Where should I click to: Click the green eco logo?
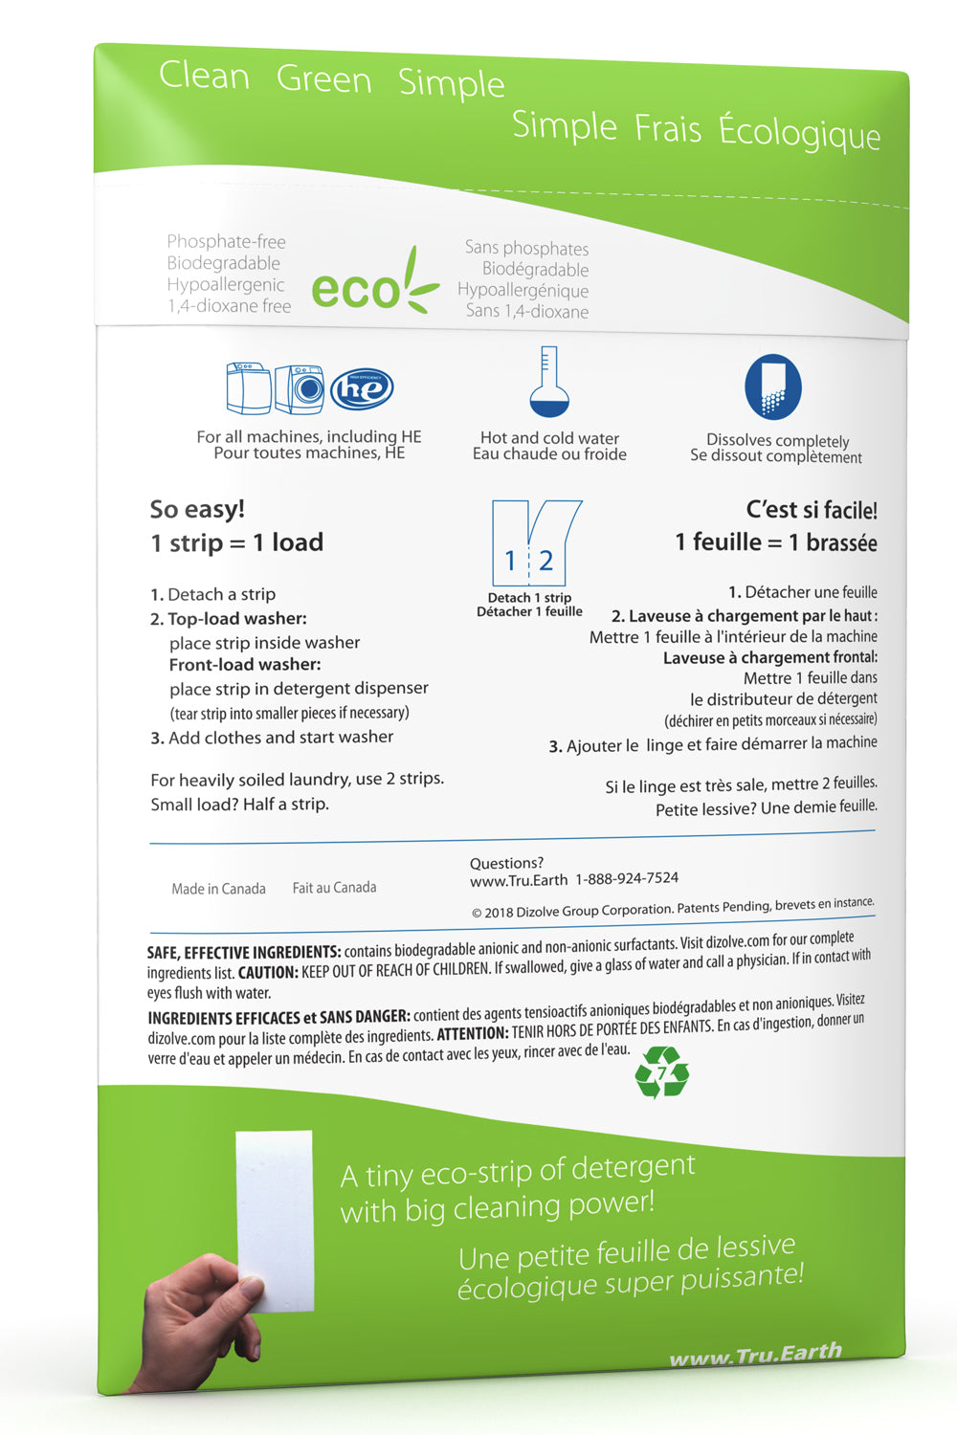(x=373, y=284)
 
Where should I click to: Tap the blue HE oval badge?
(x=362, y=388)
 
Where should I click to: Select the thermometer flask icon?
(x=549, y=383)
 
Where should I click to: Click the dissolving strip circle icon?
(x=773, y=386)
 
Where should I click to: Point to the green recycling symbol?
(x=662, y=1071)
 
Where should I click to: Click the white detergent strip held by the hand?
(x=276, y=1215)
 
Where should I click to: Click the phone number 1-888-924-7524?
(x=627, y=878)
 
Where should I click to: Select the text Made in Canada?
(x=218, y=889)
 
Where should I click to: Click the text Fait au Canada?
(x=334, y=888)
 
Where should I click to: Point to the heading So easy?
(x=197, y=509)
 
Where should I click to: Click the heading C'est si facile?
(x=812, y=510)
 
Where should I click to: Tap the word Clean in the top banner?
(x=204, y=76)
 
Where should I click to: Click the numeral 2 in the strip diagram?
(x=545, y=561)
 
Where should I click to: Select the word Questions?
(x=506, y=863)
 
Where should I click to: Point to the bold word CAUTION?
(x=268, y=973)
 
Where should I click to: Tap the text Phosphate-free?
(x=226, y=242)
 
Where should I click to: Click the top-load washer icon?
(x=248, y=387)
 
